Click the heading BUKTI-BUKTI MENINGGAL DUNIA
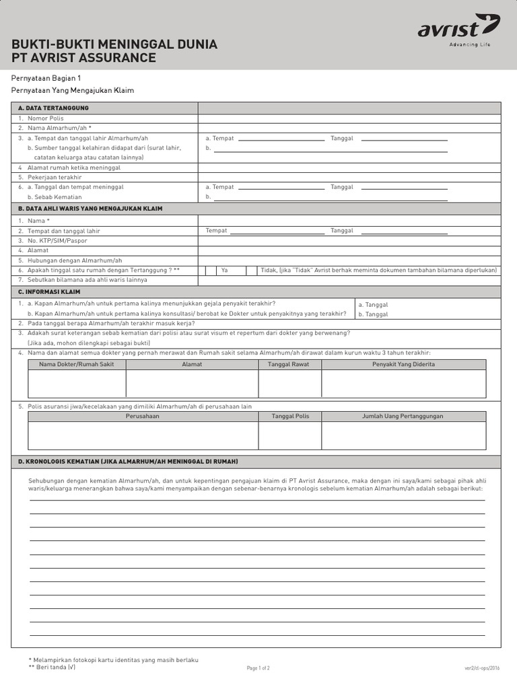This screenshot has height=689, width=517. [x=114, y=44]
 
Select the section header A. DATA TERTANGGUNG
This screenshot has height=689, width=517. [x=53, y=108]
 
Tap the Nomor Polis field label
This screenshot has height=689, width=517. [x=46, y=118]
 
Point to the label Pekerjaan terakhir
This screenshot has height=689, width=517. [x=55, y=177]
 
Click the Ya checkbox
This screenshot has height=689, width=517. [x=211, y=270]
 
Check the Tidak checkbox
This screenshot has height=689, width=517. [x=251, y=270]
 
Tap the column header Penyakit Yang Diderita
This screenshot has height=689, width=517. [x=403, y=364]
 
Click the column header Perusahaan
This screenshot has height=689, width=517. [x=143, y=416]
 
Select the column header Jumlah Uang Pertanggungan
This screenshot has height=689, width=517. [x=403, y=416]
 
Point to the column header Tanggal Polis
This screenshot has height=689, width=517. [x=290, y=416]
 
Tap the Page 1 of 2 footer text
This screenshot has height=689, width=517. [x=258, y=668]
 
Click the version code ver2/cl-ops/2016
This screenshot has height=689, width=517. [x=482, y=668]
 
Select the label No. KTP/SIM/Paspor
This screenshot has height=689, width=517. [x=57, y=240]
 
